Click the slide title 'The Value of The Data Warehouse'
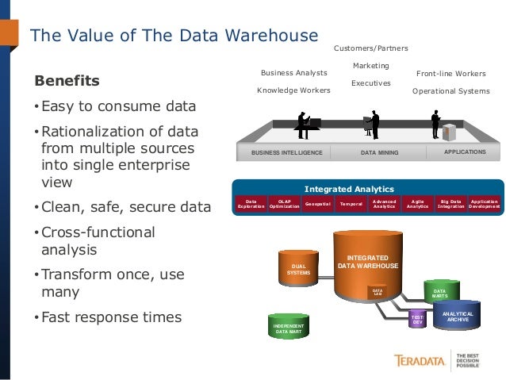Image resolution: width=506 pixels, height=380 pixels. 174,35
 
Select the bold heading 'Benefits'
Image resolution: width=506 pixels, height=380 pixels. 67,81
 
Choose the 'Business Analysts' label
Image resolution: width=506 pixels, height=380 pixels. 293,73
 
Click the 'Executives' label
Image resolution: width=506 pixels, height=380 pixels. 371,83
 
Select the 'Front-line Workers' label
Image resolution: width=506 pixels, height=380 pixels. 450,73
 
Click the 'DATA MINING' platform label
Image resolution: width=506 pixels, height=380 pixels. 379,152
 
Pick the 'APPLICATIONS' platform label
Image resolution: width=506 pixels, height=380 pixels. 466,151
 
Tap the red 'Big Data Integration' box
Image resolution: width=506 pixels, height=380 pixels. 450,205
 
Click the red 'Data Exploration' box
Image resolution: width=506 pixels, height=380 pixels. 251,205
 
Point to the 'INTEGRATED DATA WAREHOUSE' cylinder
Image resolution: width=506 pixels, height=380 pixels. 367,263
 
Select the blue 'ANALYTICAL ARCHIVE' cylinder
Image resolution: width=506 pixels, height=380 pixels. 458,317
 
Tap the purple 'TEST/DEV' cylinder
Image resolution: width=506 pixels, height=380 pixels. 418,319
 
